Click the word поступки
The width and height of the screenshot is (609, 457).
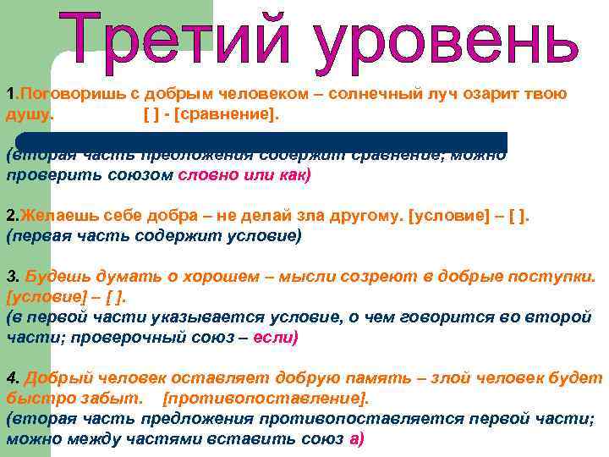pyautogui.click(x=553, y=277)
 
